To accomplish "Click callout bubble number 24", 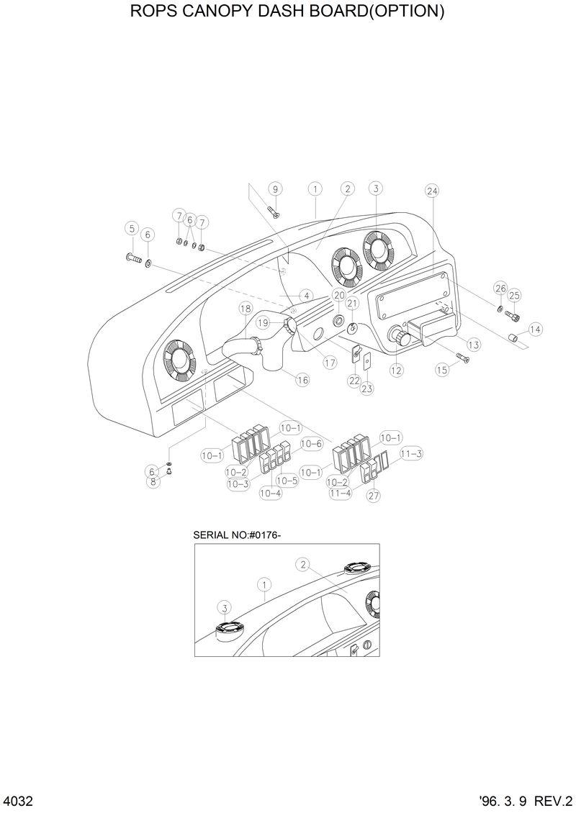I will tap(432, 191).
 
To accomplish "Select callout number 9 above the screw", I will tap(274, 189).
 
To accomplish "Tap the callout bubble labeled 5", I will tap(131, 228).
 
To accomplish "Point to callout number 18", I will tap(246, 309).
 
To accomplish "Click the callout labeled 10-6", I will tap(311, 444).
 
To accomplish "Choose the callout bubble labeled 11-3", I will tap(411, 453).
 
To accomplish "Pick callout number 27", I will tap(374, 495).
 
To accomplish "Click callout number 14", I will tap(535, 329).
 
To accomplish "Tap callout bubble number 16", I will tap(302, 379).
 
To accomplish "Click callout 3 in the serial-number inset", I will tap(225, 608).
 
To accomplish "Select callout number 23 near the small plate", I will tap(367, 389).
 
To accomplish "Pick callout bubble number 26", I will tap(500, 288).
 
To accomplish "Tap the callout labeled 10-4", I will tap(271, 493).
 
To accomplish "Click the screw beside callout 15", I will tap(462, 358).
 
